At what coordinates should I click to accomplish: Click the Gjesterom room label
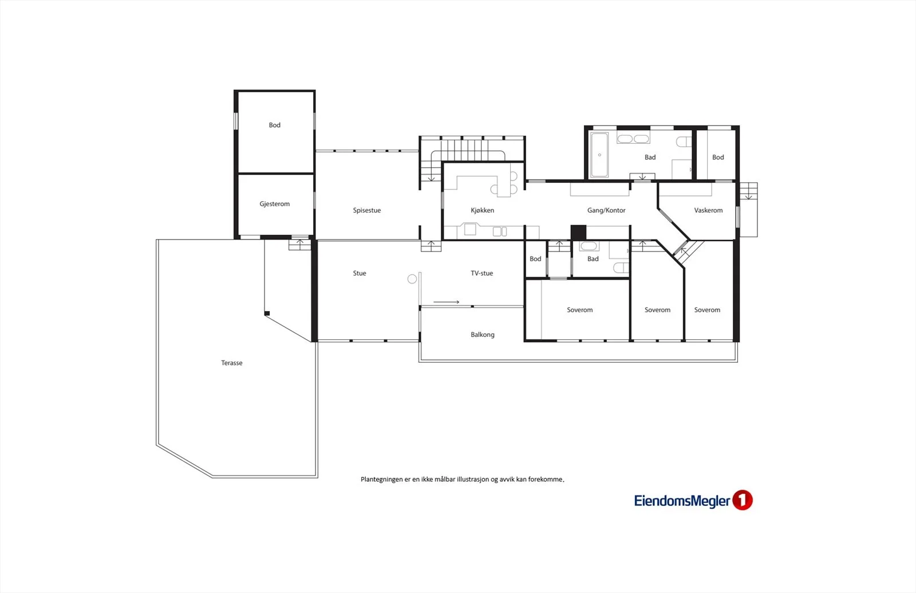click(x=274, y=204)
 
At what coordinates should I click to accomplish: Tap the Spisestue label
click(x=367, y=210)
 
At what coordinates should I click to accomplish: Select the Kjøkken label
click(x=482, y=210)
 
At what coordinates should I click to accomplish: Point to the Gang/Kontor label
click(x=606, y=210)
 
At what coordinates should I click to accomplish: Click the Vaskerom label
click(x=708, y=210)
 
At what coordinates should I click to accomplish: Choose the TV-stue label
click(x=481, y=273)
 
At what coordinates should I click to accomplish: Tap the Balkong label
click(x=483, y=335)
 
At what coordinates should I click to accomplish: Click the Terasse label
click(x=231, y=363)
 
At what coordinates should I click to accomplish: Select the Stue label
click(x=360, y=273)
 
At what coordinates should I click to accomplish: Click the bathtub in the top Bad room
click(x=599, y=155)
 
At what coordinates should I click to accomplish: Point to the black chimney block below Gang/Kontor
click(x=578, y=233)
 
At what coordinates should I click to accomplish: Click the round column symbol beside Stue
click(x=412, y=279)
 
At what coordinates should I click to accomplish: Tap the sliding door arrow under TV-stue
click(x=446, y=302)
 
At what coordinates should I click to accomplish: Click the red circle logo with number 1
click(x=742, y=500)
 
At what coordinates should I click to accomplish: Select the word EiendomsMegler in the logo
click(x=682, y=501)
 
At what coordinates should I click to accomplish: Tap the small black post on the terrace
click(x=267, y=313)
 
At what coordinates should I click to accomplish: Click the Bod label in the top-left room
click(x=274, y=125)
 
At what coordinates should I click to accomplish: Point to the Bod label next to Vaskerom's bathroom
click(x=718, y=157)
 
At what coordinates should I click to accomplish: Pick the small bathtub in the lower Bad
click(x=589, y=246)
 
